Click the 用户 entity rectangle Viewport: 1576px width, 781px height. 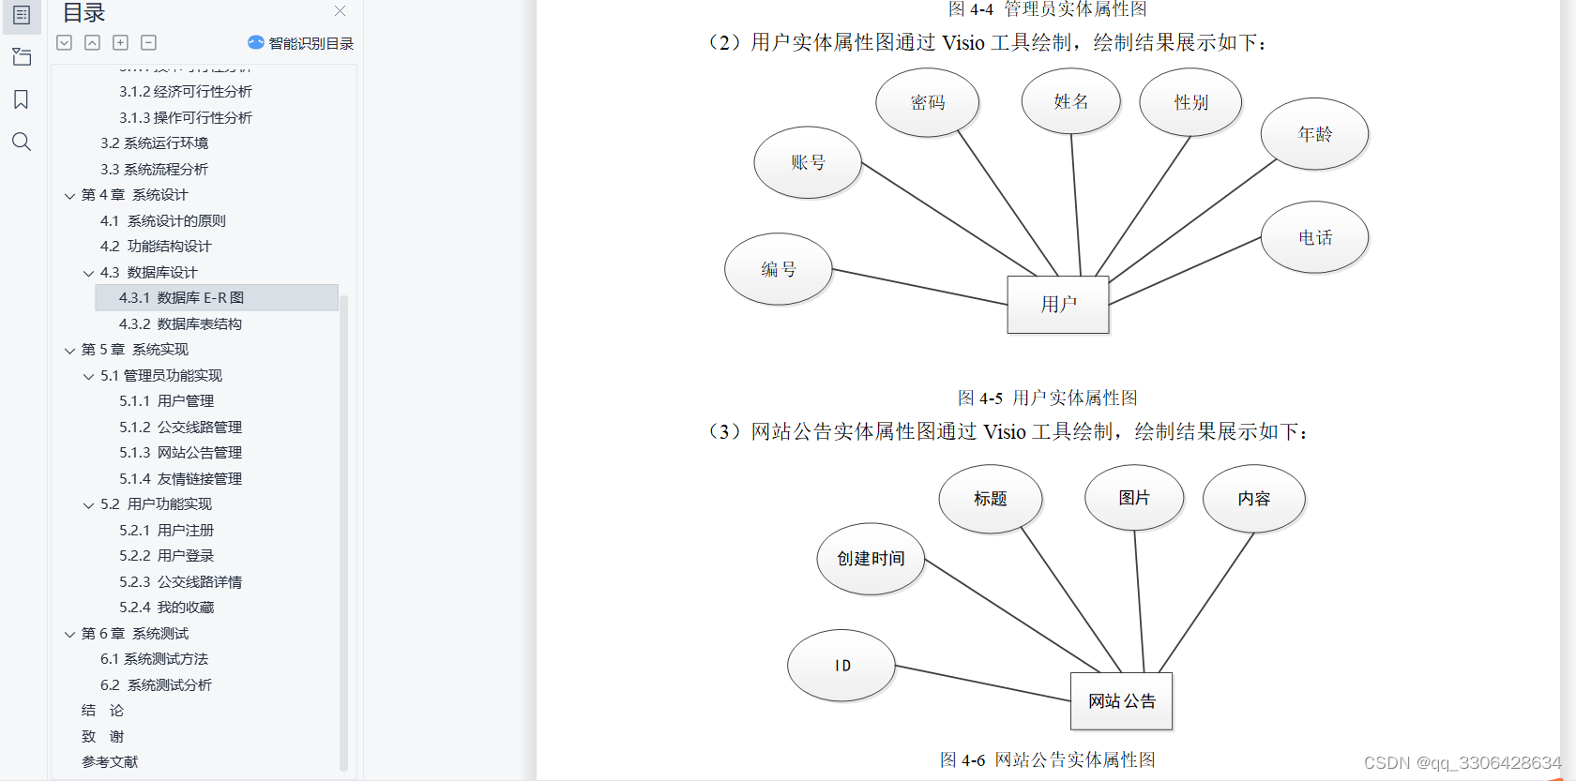[x=1058, y=304]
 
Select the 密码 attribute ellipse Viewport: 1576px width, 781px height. [x=928, y=102]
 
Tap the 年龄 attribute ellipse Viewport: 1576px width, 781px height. [x=1314, y=134]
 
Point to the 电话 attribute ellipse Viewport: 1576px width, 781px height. [x=1314, y=237]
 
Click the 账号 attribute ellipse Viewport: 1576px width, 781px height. [x=808, y=162]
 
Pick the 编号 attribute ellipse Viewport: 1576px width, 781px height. [x=779, y=269]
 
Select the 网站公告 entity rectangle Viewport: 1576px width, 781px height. [x=1121, y=700]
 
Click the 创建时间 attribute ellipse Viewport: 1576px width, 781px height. [x=871, y=559]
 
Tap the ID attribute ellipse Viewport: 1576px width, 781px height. [x=841, y=666]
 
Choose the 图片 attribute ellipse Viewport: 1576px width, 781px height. [x=1134, y=498]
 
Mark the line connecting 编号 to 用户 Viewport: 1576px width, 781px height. [x=919, y=287]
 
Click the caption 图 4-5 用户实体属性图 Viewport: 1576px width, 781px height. [x=1047, y=398]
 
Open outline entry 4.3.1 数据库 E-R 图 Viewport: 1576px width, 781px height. [x=181, y=297]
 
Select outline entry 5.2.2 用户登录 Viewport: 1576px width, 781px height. [x=166, y=555]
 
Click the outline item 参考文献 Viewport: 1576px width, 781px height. [x=110, y=761]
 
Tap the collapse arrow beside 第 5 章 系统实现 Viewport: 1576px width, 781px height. [x=69, y=351]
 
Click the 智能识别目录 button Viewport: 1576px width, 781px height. [x=301, y=43]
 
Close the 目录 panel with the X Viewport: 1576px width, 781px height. [x=340, y=11]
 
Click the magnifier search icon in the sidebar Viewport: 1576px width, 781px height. [x=22, y=142]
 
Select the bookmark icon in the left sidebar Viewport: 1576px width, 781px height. [x=22, y=99]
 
